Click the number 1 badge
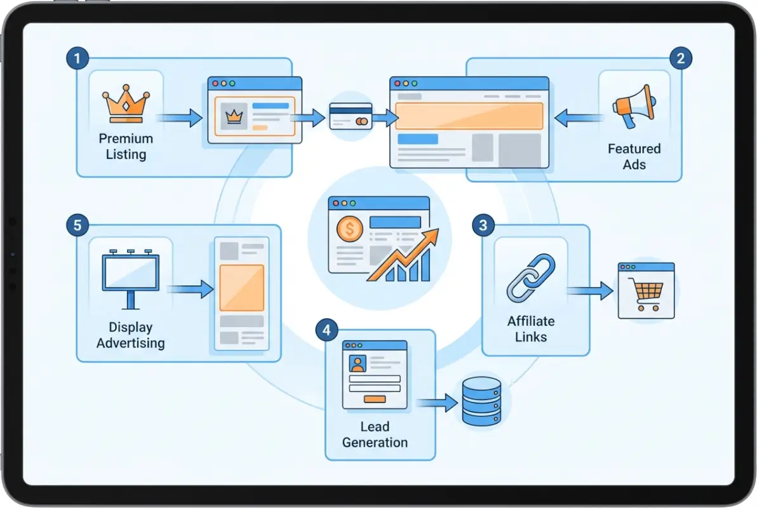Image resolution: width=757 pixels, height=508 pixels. click(77, 60)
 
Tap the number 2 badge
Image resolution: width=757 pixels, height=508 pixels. click(681, 59)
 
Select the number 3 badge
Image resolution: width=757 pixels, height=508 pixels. click(483, 225)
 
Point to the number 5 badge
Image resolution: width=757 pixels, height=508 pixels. click(77, 225)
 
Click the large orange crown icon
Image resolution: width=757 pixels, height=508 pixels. click(126, 105)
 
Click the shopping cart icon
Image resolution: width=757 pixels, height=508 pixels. click(646, 295)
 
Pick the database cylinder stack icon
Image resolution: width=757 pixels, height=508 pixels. click(481, 401)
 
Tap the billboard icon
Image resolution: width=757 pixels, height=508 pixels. click(131, 278)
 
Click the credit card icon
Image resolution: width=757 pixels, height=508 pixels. click(351, 117)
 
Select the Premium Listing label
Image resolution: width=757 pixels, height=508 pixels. click(126, 146)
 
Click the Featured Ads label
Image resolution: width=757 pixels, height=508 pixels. click(634, 156)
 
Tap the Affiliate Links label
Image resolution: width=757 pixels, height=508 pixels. click(531, 328)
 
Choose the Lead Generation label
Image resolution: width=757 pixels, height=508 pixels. click(375, 434)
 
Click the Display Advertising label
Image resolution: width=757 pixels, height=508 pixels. click(130, 335)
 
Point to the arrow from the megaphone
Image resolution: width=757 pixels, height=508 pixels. click(577, 117)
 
